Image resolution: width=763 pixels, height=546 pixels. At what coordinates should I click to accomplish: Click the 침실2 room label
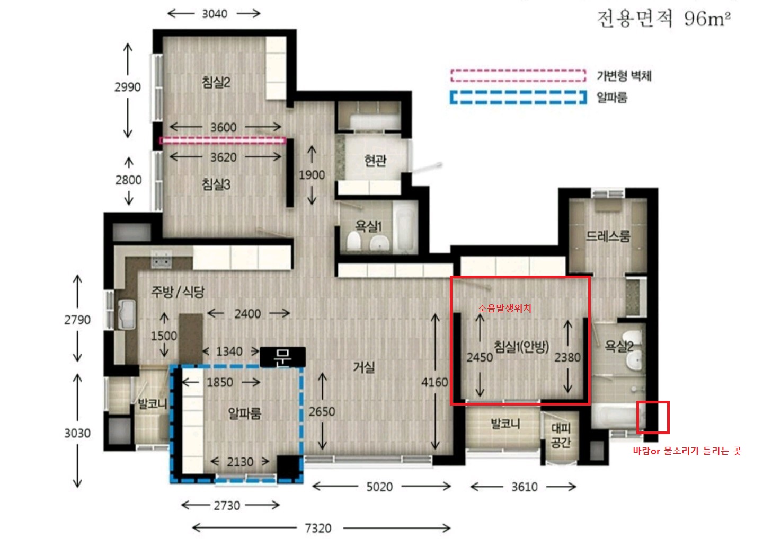pos(216,82)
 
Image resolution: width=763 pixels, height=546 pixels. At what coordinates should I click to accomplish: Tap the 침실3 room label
pos(216,184)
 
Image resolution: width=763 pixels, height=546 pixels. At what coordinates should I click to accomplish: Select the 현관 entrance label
pos(375,160)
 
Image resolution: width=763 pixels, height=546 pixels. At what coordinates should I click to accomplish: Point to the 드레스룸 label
pos(608,236)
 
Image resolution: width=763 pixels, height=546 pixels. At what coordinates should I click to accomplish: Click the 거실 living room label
pos(364,367)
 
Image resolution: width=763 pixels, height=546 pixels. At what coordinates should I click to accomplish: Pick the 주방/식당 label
pos(178,292)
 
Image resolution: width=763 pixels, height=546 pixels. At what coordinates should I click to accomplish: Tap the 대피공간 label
pos(561,435)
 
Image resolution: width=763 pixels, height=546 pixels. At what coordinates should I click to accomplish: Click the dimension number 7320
pos(318,529)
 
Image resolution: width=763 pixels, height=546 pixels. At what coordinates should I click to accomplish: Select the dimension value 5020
pos(379,487)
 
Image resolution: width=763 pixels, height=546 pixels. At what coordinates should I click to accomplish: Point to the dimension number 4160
pos(434,382)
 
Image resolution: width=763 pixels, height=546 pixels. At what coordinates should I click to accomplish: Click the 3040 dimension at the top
pos(215,14)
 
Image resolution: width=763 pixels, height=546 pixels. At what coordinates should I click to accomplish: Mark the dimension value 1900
pos(312,175)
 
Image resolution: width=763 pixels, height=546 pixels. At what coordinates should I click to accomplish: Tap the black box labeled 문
pos(283,357)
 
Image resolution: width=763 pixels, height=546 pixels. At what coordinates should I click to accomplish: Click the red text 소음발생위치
pos(504,308)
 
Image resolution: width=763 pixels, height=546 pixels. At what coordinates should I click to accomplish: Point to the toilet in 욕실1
pos(353,241)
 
